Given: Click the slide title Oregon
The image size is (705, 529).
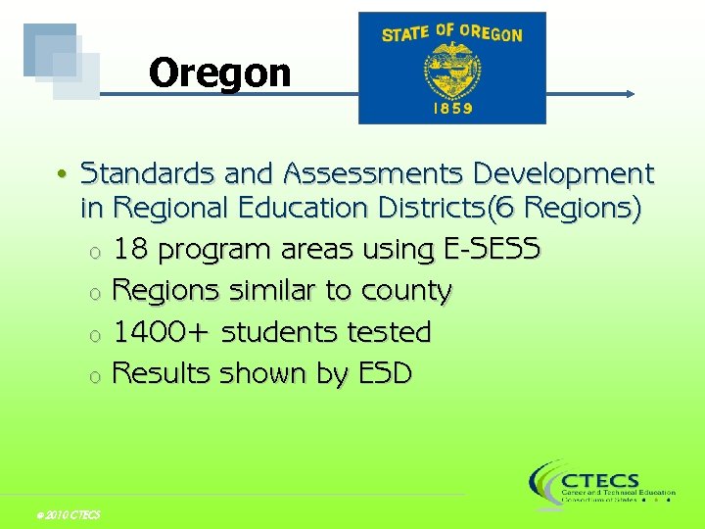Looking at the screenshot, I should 220,72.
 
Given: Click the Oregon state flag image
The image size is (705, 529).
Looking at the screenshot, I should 451,68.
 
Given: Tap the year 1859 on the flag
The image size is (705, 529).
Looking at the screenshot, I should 452,108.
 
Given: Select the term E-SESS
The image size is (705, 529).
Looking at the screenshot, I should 492,250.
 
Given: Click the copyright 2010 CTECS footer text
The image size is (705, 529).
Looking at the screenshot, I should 67,515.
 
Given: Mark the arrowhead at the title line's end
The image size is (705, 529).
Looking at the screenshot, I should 630,94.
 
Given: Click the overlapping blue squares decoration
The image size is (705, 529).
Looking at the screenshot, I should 62,61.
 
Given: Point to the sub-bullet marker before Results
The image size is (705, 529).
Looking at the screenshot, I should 93,376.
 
